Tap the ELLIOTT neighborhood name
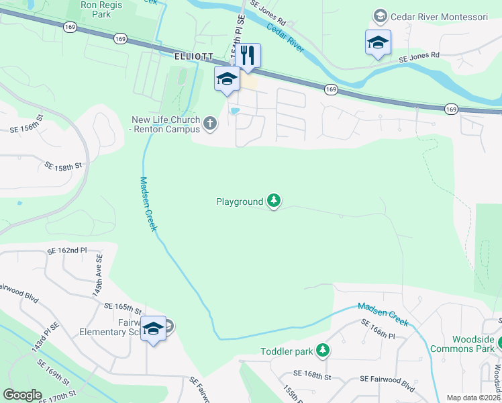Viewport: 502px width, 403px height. pos(193,58)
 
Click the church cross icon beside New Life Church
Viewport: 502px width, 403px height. pos(211,124)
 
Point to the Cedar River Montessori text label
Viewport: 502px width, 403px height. pos(440,15)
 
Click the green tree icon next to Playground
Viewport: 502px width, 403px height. pos(273,200)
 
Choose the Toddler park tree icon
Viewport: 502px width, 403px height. pos(323,351)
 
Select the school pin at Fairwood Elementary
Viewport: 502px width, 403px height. pos(154,328)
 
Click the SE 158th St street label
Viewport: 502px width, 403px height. pos(63,165)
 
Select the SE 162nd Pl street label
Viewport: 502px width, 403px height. pos(67,251)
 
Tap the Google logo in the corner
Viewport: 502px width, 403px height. pos(23,395)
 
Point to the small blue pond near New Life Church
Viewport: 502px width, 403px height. pos(234,111)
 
